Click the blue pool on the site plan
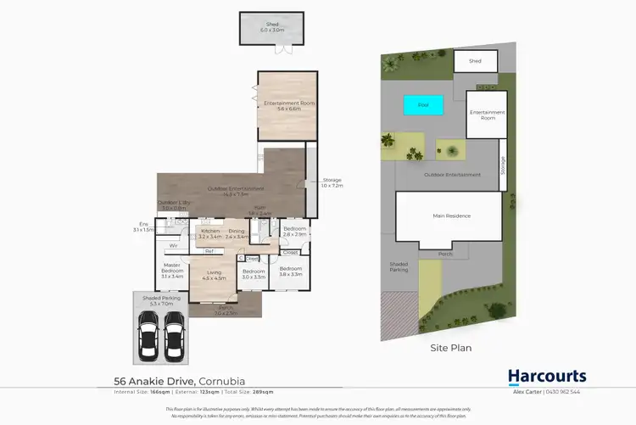click(x=423, y=104)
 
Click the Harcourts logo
click(x=546, y=376)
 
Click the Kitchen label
click(x=209, y=233)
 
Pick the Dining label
click(x=236, y=233)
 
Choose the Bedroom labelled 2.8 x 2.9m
click(x=295, y=232)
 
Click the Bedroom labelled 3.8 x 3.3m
click(x=291, y=272)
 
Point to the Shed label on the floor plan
click(x=273, y=26)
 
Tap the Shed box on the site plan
click(x=475, y=61)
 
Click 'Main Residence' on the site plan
click(x=451, y=216)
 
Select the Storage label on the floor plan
click(x=332, y=182)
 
